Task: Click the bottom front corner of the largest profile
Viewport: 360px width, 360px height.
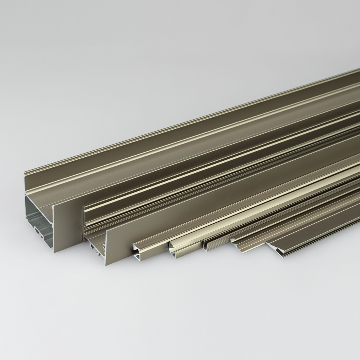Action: [54, 252]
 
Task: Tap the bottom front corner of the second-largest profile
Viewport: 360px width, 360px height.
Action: [106, 266]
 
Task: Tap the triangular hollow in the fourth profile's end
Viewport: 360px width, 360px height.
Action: [173, 248]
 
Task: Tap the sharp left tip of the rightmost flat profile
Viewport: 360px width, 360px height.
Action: [266, 244]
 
